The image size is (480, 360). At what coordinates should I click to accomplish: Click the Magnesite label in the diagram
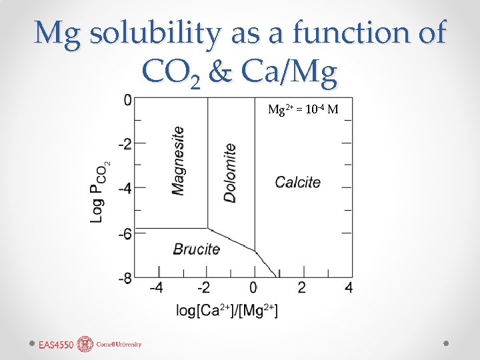pos(178,161)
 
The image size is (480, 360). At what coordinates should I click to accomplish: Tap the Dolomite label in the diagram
pos(229,173)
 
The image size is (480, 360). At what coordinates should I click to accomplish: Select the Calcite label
pos(297,182)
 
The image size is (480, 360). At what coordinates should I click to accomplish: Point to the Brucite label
pos(196,249)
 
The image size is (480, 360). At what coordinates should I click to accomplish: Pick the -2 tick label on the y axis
pos(125,143)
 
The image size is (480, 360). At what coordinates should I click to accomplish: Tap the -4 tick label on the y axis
pos(125,188)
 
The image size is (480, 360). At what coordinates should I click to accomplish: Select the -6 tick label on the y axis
pos(125,233)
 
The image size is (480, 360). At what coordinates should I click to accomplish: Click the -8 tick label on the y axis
pos(125,278)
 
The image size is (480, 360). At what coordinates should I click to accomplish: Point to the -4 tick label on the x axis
pos(155,287)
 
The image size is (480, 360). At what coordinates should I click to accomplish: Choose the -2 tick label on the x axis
pos(204,287)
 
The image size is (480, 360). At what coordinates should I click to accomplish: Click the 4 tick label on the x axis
pos(349,287)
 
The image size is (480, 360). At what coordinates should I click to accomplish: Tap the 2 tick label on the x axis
pos(301,287)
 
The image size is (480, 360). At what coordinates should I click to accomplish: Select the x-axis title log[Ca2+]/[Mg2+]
pos(227,310)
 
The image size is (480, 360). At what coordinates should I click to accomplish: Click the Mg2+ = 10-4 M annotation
pos(304,109)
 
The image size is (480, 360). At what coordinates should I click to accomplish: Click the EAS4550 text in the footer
pos(56,345)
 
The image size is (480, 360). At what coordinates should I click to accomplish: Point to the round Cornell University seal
pos(85,344)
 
